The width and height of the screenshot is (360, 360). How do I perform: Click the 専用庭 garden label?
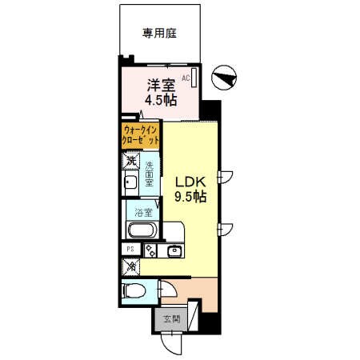tap(158, 34)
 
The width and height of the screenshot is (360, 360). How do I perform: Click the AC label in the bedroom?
tap(185, 78)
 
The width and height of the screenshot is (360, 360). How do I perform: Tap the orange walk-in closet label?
tap(140, 134)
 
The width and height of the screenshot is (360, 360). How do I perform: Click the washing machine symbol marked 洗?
tap(131, 161)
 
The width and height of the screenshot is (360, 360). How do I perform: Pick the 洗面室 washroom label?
tap(150, 175)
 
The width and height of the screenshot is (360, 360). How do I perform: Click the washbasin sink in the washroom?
tap(130, 183)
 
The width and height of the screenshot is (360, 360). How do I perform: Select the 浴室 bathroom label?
tap(144, 214)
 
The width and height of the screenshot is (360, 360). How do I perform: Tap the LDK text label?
tap(190, 181)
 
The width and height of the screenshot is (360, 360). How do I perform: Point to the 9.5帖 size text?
tap(191, 197)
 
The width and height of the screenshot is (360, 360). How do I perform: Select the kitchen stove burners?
tap(150, 251)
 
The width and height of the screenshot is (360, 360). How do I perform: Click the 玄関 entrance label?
tap(170, 319)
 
